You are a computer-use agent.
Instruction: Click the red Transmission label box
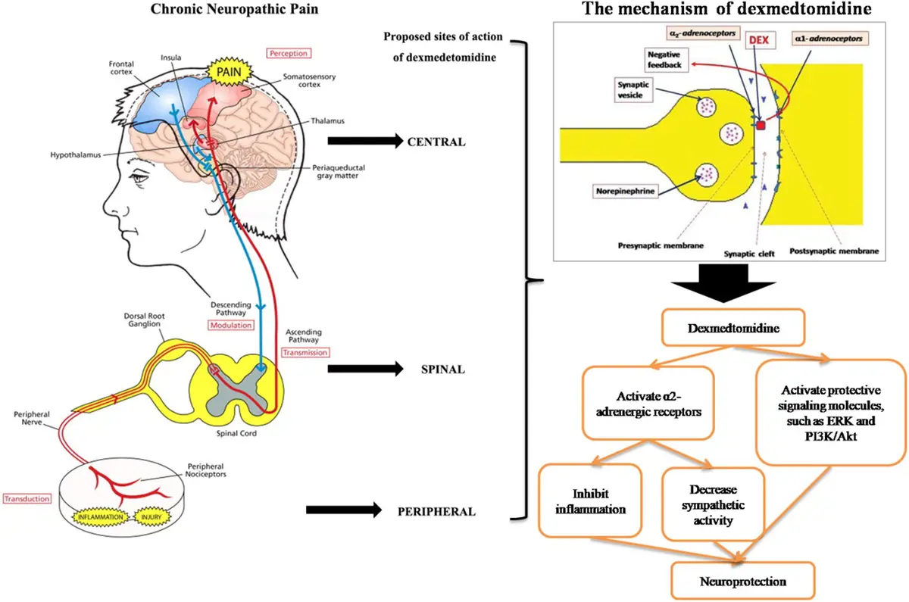(x=305, y=352)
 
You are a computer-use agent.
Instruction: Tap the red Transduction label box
(x=27, y=499)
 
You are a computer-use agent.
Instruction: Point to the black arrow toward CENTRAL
(x=363, y=141)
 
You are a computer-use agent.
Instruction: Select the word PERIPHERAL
(x=436, y=511)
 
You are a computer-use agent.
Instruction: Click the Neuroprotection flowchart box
(x=742, y=582)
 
